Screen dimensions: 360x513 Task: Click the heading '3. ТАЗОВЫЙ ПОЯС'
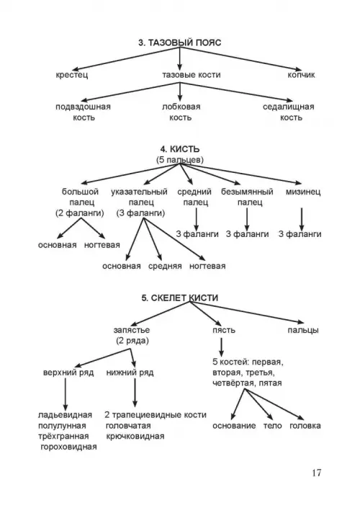pyautogui.click(x=179, y=43)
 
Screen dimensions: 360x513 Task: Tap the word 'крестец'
pyautogui.click(x=72, y=75)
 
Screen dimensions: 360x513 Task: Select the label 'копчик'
pyautogui.click(x=301, y=75)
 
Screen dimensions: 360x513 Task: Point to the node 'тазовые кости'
pyautogui.click(x=192, y=75)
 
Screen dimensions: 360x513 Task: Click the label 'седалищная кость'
pyautogui.click(x=289, y=112)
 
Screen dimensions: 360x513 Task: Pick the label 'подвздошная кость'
pyautogui.click(x=83, y=112)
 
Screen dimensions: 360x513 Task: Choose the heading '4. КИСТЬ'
pyautogui.click(x=179, y=149)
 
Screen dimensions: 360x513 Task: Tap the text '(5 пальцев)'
pyautogui.click(x=179, y=160)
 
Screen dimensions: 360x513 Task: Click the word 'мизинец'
pyautogui.click(x=303, y=192)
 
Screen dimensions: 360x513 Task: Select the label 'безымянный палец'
pyautogui.click(x=247, y=197)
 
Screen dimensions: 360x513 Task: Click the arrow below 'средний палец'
pyautogui.click(x=196, y=219)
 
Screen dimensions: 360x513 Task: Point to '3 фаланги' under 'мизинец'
pyautogui.click(x=300, y=234)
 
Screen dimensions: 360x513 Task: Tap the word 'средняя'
pyautogui.click(x=165, y=267)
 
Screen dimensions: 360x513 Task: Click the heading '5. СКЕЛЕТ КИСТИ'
pyautogui.click(x=179, y=298)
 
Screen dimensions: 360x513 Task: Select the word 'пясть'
pyautogui.click(x=224, y=330)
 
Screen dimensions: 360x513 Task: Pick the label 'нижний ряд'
pyautogui.click(x=130, y=373)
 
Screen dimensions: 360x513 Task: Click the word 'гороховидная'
pyautogui.click(x=68, y=447)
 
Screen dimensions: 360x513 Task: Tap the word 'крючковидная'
pyautogui.click(x=135, y=437)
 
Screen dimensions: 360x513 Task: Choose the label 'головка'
pyautogui.click(x=305, y=426)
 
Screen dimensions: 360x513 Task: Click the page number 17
pyautogui.click(x=317, y=473)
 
